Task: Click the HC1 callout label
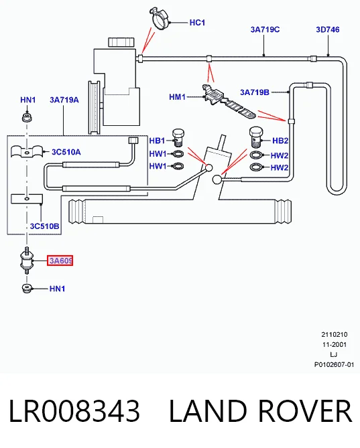click(197, 23)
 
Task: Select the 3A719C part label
click(265, 29)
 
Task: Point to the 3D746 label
click(328, 29)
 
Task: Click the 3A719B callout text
click(255, 92)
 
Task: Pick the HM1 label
click(177, 97)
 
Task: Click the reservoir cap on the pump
click(121, 42)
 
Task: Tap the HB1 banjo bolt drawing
click(178, 137)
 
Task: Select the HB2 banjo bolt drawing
click(256, 137)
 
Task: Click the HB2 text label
click(280, 141)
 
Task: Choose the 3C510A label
click(66, 152)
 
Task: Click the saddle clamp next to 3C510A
click(27, 151)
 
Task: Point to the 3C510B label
click(45, 226)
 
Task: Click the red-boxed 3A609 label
click(60, 260)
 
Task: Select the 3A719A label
click(64, 100)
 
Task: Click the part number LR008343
click(74, 411)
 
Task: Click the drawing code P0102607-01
click(335, 365)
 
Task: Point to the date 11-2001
click(335, 345)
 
